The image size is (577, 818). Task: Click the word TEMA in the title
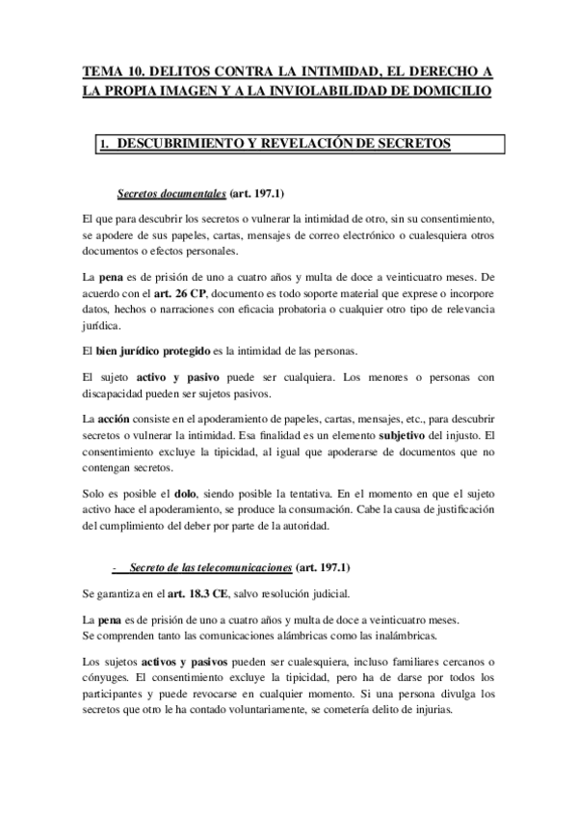[104, 72]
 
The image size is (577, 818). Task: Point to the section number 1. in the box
[105, 145]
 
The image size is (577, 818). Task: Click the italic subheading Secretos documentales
[177, 193]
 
